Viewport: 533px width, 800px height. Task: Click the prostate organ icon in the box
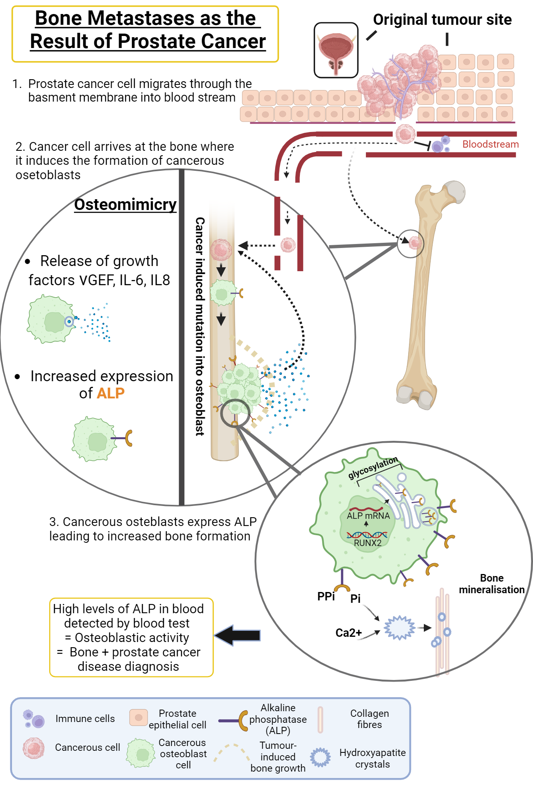click(x=336, y=50)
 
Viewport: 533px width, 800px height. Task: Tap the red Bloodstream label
click(x=490, y=144)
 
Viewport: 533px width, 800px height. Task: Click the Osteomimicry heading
click(x=125, y=204)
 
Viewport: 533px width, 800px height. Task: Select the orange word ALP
click(x=111, y=393)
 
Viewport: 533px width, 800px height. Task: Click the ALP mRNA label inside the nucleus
click(x=368, y=516)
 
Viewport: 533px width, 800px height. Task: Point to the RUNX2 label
click(x=367, y=543)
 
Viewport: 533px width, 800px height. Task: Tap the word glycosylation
click(x=373, y=467)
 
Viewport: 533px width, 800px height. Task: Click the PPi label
click(x=326, y=596)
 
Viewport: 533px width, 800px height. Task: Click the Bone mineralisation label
click(x=491, y=584)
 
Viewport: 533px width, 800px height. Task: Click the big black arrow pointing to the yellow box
click(x=238, y=635)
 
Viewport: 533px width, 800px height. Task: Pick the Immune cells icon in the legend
click(x=34, y=719)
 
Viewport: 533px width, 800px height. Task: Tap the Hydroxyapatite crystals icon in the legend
click(x=320, y=757)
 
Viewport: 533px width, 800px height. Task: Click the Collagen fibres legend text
click(x=369, y=719)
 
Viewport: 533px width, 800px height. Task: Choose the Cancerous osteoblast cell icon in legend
click(x=140, y=754)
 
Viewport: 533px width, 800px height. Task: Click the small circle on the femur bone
click(x=411, y=243)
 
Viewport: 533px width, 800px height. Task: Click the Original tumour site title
click(x=442, y=19)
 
